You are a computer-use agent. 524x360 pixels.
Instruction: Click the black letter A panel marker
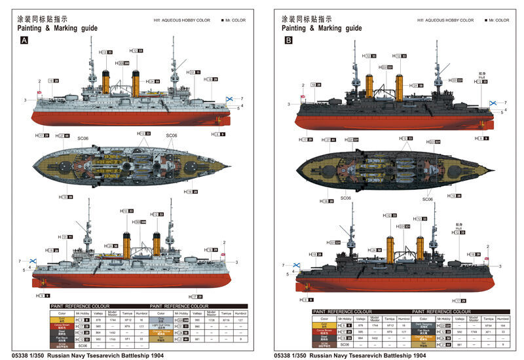[x=25, y=41]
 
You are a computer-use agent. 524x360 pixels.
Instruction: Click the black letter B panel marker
[x=289, y=41]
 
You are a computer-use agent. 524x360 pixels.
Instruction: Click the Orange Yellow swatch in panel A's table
[x=160, y=333]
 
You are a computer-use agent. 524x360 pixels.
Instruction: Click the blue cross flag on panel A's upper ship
[x=231, y=99]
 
